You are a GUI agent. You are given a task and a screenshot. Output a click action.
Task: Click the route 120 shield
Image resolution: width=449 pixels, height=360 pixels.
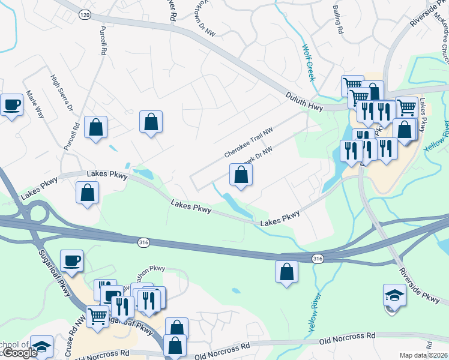tap(85, 13)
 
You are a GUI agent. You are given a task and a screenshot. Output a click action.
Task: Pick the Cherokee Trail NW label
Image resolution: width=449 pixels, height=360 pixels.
tap(249, 143)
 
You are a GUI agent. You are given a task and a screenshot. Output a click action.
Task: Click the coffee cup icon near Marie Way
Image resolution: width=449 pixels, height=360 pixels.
tap(11, 106)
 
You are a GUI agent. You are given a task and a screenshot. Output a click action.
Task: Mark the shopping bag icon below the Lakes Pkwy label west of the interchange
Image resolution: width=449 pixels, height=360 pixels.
tap(87, 193)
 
